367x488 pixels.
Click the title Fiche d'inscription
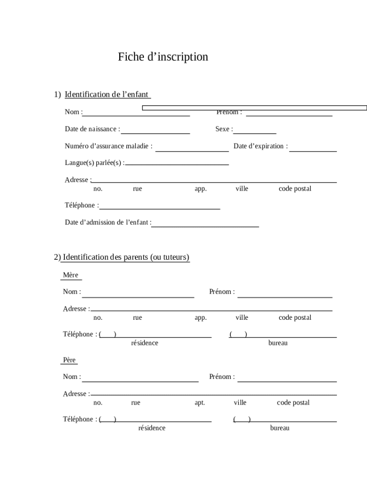pos(163,57)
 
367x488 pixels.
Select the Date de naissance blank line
pos(155,133)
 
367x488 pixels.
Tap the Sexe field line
pos(255,133)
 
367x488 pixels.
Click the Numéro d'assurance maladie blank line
pos(192,151)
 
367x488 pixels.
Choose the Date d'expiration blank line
pos(313,151)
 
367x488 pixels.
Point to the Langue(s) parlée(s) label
pos(94,163)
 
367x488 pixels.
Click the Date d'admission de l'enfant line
pos(205,226)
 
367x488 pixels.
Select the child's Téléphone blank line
pos(160,209)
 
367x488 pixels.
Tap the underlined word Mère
pos(71,275)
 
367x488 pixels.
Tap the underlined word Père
pos(70,360)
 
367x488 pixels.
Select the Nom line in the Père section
pos(140,381)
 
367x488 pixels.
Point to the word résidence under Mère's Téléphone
pos(145,343)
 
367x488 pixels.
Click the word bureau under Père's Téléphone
pos(280,428)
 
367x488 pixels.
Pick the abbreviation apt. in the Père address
pos(200,403)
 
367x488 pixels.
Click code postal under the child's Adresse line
pos(295,189)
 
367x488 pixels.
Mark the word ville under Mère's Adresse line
pos(242,317)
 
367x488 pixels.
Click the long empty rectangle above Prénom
pos(255,108)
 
